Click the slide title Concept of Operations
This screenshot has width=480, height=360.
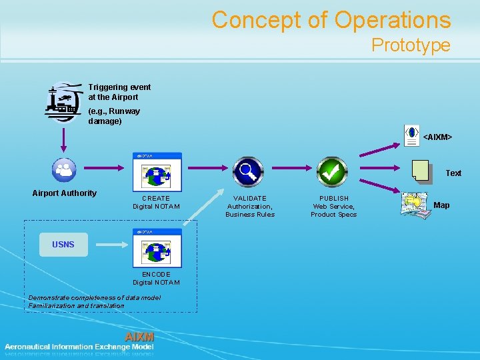331,20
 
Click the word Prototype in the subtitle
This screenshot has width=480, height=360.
411,45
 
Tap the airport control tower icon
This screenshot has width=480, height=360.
64,103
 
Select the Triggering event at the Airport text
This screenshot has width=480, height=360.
119,92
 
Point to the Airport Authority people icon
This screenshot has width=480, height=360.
64,169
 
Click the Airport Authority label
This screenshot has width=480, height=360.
64,193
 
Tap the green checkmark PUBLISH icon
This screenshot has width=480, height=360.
331,172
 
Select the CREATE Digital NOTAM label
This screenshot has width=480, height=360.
156,203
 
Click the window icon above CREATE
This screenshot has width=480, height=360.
156,173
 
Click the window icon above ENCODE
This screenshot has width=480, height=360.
156,248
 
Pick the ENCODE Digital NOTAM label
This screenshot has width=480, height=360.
156,279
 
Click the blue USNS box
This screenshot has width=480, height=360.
63,245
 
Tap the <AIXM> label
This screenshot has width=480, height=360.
437,137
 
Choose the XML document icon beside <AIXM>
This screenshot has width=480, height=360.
412,134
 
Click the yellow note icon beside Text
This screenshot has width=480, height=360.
420,171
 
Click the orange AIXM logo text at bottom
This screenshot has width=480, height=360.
139,337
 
